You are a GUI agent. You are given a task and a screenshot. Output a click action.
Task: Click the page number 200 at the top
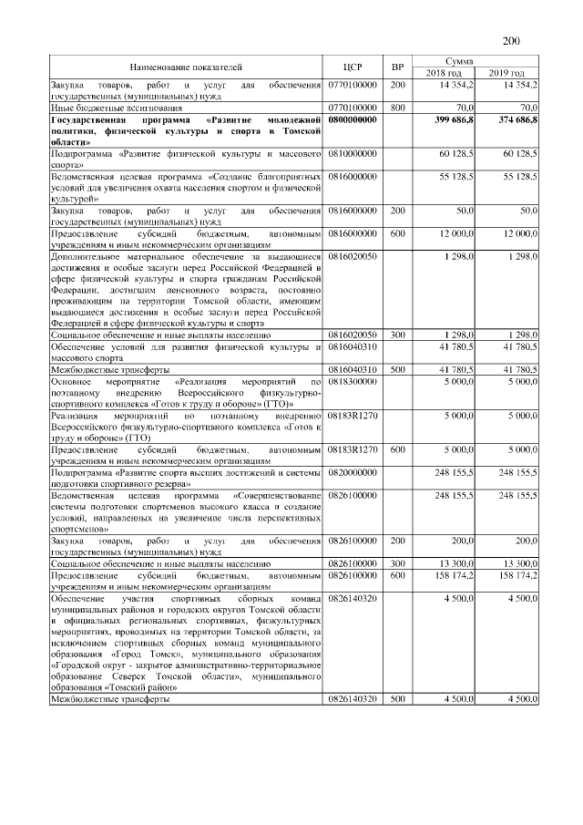(511, 39)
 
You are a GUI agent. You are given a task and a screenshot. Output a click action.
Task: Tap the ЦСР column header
(353, 67)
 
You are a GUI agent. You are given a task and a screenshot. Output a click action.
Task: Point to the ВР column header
(397, 67)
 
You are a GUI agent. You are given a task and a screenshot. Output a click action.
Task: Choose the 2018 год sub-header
(446, 73)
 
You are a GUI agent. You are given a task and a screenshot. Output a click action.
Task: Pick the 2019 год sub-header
(507, 73)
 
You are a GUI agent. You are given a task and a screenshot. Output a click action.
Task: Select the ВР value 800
(397, 107)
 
